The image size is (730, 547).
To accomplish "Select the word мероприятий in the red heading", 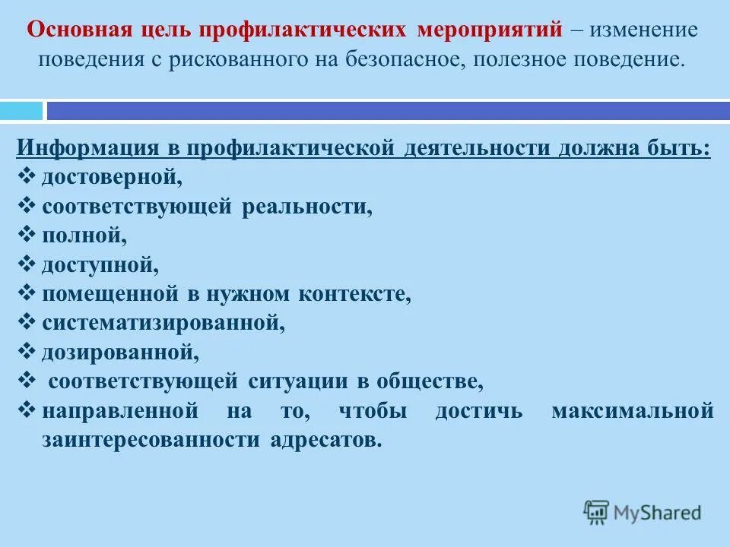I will pos(490,31).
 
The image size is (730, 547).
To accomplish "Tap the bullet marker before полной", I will pos(26,236).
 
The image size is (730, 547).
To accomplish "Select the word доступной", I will pos(100,265).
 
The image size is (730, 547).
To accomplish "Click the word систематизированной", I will pos(163,323).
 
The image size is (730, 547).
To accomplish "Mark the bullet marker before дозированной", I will pos(26,352).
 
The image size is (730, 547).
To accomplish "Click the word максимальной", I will pos(633,411).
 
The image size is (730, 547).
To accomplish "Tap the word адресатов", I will pos(325,441).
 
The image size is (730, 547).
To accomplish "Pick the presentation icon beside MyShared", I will pos(597,512).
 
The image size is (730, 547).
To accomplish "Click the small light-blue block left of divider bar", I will pos(21,111).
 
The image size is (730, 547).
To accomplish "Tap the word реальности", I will pos(307,207).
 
